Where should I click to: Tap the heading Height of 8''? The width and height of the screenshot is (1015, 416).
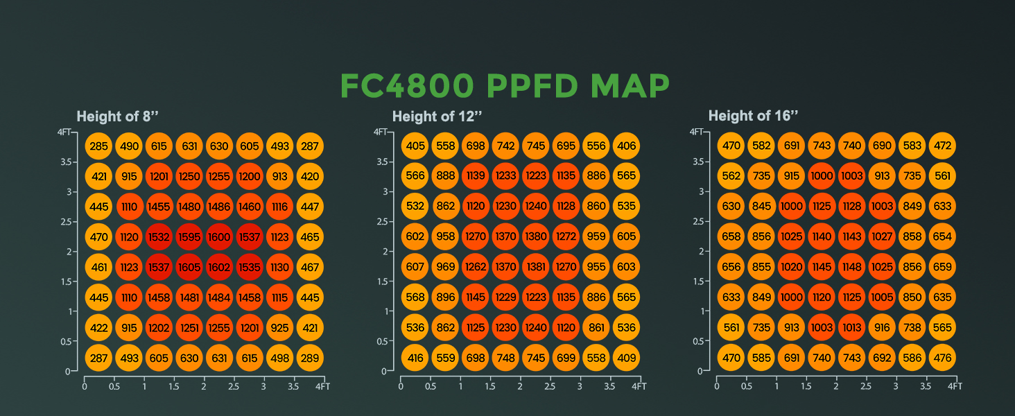pos(113,116)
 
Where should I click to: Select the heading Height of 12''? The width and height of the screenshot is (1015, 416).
pos(428,116)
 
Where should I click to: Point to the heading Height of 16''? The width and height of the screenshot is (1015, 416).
pos(745,116)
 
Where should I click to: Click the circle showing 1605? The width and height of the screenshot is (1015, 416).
pos(189,267)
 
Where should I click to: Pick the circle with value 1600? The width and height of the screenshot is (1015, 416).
pos(219,236)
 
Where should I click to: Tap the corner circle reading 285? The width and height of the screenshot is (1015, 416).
pos(99,146)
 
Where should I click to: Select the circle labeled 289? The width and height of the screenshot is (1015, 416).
pos(309,358)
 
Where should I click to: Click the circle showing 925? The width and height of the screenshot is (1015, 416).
pos(279,327)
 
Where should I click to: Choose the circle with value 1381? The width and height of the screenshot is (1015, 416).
pos(535,267)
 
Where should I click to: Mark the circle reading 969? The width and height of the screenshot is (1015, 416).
pos(445,267)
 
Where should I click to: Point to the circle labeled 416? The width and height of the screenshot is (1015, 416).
pos(415,358)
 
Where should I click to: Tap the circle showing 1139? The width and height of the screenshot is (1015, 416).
pos(475,176)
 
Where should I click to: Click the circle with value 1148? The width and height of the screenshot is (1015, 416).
pos(851,267)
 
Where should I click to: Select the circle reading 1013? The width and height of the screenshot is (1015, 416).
pos(851,327)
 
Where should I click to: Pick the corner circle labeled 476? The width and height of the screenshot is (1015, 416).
pos(942,358)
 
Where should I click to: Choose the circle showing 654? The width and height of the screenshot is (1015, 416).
pos(942,236)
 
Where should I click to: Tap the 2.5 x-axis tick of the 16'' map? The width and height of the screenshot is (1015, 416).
pos(866,385)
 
